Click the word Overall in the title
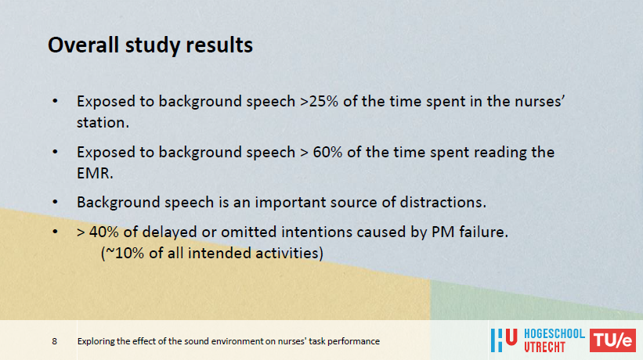coord(84,45)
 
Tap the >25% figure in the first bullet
coord(319,101)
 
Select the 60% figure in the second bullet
coord(327,152)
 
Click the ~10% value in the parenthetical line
coord(125,253)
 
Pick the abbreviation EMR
coord(95,173)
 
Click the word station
coord(103,122)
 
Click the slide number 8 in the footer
coord(55,341)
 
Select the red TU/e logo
coord(612,340)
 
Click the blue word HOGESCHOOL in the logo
coord(554,334)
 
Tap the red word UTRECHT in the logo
coord(544,347)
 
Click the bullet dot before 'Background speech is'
coord(55,202)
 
